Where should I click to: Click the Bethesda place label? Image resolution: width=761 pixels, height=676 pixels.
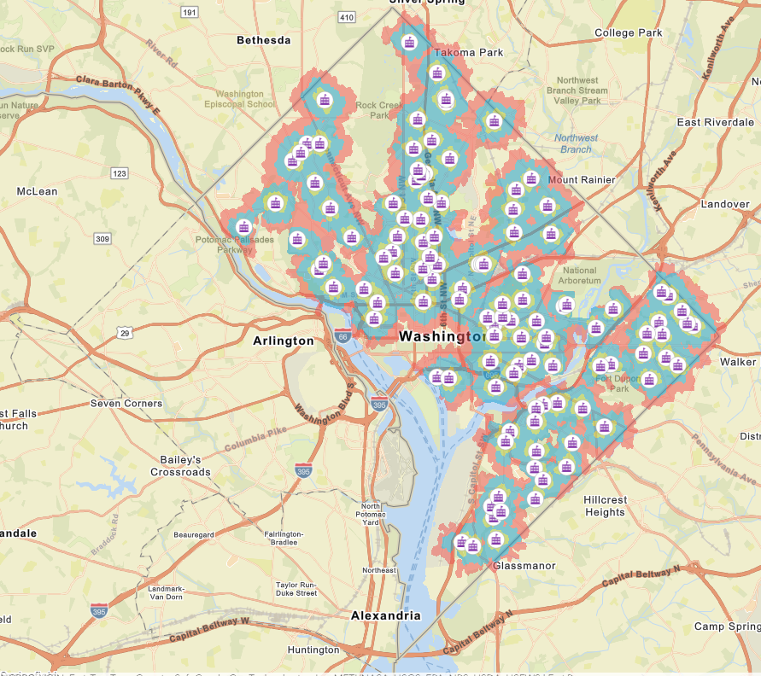[x=263, y=40]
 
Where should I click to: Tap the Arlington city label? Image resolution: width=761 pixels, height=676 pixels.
[x=284, y=341]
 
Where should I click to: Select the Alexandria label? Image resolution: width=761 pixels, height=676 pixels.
[x=386, y=615]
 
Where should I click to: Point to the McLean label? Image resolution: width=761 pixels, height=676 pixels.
[x=37, y=191]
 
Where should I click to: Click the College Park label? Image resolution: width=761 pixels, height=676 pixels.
[x=628, y=32]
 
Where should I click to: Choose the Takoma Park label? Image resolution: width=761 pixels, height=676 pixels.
[x=468, y=52]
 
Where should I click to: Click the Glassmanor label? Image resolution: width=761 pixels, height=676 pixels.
[x=524, y=566]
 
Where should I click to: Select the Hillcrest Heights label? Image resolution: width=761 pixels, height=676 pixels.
[x=606, y=506]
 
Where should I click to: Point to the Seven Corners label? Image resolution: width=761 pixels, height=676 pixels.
[x=126, y=403]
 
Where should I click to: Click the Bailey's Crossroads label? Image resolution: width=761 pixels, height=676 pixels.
[x=180, y=466]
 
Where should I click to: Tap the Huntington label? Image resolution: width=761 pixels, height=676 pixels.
[x=313, y=650]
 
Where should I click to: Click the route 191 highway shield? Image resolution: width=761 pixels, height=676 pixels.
[x=190, y=12]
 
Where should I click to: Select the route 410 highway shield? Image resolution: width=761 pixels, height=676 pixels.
[x=346, y=17]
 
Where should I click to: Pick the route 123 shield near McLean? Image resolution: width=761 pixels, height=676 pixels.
[x=120, y=173]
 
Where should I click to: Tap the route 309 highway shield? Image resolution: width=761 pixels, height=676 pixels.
[x=102, y=238]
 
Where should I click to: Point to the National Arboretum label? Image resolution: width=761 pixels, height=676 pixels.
[x=580, y=275]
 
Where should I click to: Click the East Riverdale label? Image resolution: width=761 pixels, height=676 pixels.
[x=716, y=122]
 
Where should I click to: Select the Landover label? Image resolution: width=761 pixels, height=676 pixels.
[x=724, y=205]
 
